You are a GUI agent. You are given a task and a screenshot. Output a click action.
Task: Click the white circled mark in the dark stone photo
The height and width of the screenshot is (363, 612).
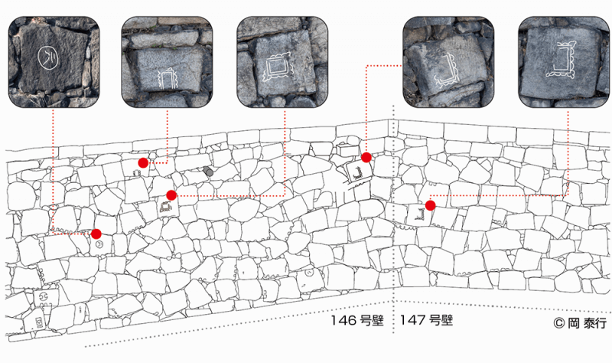(48, 59)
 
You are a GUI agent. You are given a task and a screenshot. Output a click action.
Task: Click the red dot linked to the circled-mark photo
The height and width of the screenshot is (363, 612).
(96, 234)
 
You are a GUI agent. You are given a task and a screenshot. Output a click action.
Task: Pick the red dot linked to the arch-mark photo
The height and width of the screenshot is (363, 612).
(143, 163)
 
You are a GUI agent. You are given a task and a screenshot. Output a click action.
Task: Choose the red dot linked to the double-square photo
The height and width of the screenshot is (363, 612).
(171, 195)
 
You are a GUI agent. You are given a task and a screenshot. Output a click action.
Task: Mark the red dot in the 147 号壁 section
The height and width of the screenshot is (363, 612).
(431, 205)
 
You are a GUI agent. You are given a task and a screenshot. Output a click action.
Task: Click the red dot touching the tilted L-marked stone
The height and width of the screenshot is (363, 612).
(366, 158)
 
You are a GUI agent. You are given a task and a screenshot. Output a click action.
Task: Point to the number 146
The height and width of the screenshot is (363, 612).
(343, 320)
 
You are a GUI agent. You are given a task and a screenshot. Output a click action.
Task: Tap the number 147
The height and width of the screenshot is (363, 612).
(412, 320)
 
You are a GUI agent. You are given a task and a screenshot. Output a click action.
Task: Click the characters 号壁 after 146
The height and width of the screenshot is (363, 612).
(372, 320)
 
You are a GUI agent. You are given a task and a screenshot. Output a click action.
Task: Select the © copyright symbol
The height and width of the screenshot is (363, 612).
(559, 323)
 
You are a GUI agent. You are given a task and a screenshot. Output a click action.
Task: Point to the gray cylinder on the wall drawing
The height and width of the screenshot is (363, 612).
(208, 171)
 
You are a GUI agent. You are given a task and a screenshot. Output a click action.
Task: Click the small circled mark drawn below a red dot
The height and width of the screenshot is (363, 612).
(99, 244)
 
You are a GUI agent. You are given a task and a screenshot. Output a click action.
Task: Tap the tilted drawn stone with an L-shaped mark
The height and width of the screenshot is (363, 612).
(356, 171)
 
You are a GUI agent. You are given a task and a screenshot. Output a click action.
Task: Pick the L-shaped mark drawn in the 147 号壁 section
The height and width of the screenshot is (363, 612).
(419, 214)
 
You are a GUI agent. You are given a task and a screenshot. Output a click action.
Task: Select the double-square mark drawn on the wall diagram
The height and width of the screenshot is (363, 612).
(166, 206)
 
